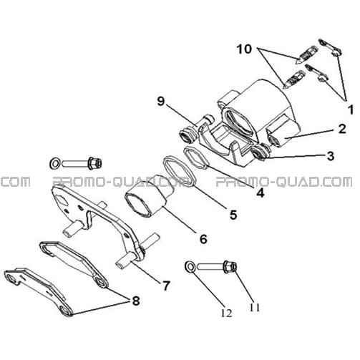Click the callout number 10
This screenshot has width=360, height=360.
pyautogui.click(x=244, y=49)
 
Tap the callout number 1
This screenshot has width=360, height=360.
pyautogui.click(x=351, y=110)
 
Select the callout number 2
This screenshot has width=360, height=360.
pyautogui.click(x=342, y=129)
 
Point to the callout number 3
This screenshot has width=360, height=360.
pyautogui.click(x=331, y=156)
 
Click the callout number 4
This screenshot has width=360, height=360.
pyautogui.click(x=261, y=193)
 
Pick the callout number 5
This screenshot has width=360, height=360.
pyautogui.click(x=233, y=215)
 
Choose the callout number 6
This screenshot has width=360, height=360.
pyautogui.click(x=203, y=239)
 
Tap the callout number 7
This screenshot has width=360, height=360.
pyautogui.click(x=166, y=286)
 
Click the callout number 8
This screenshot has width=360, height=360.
pyautogui.click(x=136, y=301)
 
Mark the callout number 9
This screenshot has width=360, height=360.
pyautogui.click(x=161, y=101)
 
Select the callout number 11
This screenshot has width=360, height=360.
pyautogui.click(x=254, y=308)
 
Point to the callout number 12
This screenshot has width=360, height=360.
pyautogui.click(x=226, y=313)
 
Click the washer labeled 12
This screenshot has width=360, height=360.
pyautogui.click(x=190, y=267)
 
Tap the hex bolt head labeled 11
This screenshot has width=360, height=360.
pyautogui.click(x=230, y=267)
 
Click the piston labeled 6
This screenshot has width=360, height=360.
pyautogui.click(x=150, y=196)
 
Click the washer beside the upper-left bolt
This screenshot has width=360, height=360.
pyautogui.click(x=55, y=164)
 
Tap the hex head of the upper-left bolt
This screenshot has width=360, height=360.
pyautogui.click(x=94, y=163)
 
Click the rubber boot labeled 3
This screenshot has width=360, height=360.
pyautogui.click(x=260, y=154)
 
